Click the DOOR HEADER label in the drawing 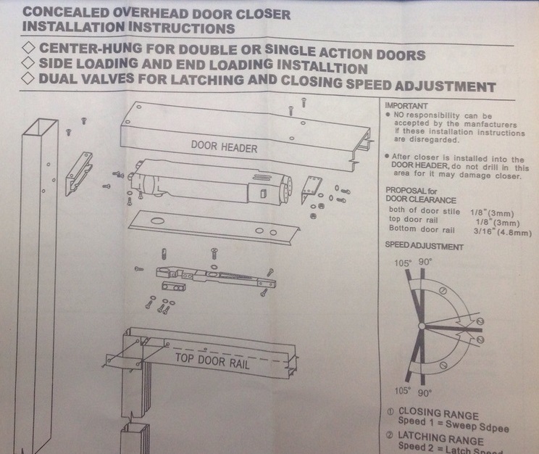[225, 147]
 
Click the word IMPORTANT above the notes [407, 106]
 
